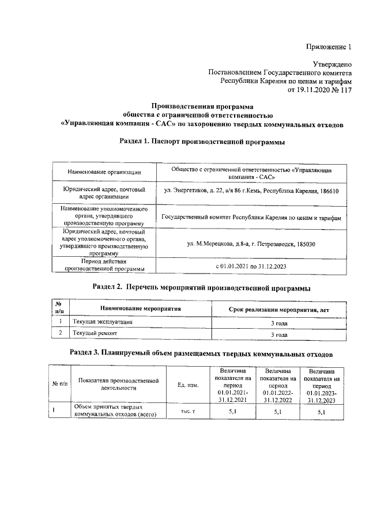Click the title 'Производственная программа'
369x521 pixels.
[202, 106]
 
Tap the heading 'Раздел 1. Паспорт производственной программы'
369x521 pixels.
[202, 142]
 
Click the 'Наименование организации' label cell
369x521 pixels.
[104, 172]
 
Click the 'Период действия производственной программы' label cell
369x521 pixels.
[104, 265]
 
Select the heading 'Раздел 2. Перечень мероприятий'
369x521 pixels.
[202, 287]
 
